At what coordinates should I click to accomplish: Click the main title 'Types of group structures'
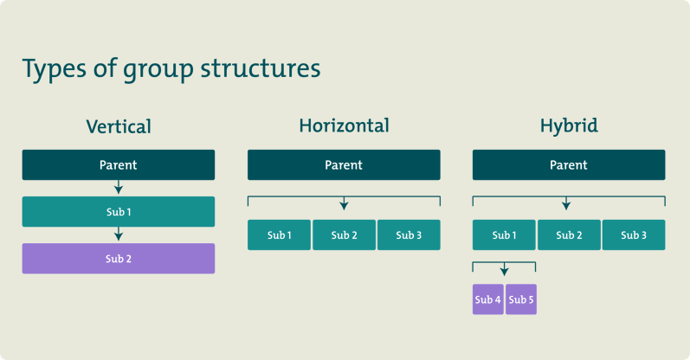[x=171, y=69]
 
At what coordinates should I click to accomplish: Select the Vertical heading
[x=119, y=126]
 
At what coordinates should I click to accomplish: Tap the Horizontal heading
[x=344, y=125]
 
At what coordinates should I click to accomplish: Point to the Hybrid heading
[x=569, y=125]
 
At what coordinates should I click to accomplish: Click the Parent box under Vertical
[x=119, y=165]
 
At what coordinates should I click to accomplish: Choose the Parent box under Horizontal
[x=344, y=165]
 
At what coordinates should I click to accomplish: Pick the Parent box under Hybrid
[x=569, y=165]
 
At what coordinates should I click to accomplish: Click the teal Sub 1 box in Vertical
[x=119, y=212]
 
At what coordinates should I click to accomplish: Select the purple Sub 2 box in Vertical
[x=119, y=259]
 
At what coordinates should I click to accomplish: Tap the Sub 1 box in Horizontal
[x=279, y=235]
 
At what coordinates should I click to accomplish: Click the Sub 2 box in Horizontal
[x=344, y=235]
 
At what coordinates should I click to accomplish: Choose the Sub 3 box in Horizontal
[x=409, y=235]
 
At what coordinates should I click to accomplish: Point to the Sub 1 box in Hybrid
[x=504, y=235]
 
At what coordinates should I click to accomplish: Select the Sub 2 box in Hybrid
[x=569, y=235]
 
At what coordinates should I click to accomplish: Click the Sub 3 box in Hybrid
[x=634, y=235]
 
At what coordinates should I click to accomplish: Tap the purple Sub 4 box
[x=487, y=299]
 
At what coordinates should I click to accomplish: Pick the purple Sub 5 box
[x=521, y=299]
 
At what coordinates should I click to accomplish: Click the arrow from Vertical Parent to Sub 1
[x=119, y=188]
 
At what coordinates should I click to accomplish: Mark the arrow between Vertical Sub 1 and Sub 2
[x=119, y=235]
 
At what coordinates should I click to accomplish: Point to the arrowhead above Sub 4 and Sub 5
[x=504, y=272]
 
